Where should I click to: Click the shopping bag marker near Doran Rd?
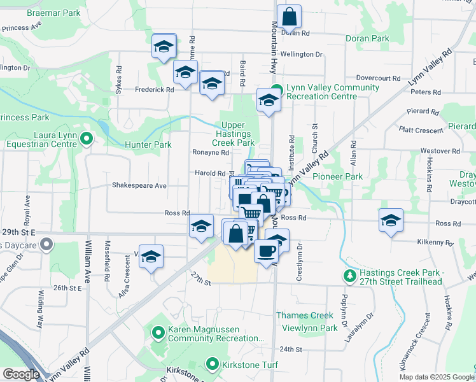coord(289,16)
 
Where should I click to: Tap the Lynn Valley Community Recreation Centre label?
coord(323,92)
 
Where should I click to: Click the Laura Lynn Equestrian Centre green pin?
coord(87,138)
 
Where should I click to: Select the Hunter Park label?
coord(148,145)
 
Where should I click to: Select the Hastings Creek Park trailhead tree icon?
coord(349,276)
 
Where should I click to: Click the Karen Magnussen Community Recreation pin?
coord(158,331)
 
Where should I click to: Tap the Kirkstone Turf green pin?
coord(213,365)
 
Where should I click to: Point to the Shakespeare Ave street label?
coord(139,186)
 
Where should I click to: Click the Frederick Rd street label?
coord(154,90)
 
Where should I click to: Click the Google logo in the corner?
coord(21,374)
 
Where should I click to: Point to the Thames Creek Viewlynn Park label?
coord(307,322)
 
